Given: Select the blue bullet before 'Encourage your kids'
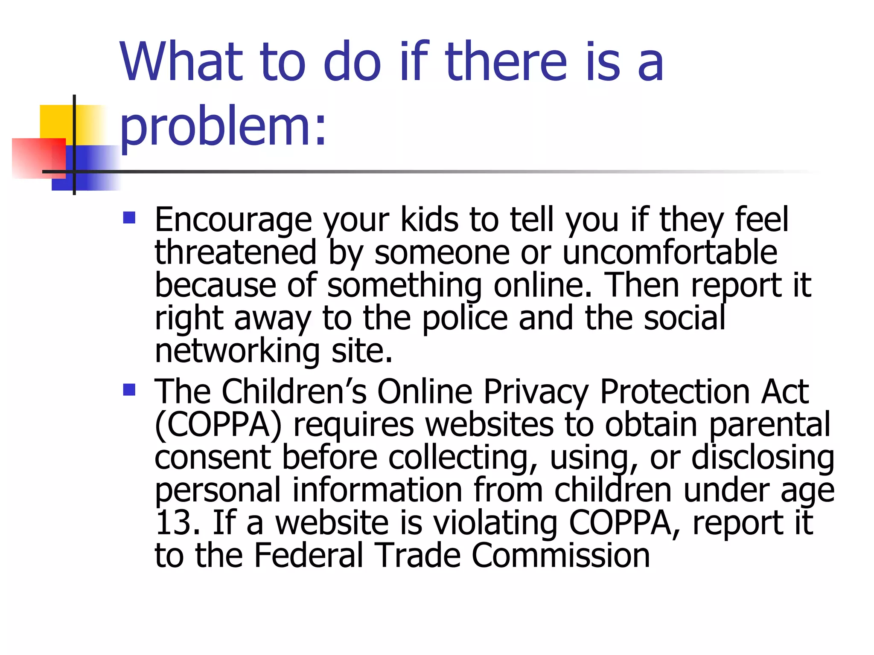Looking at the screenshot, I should [x=129, y=218].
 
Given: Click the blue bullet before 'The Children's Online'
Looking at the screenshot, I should [x=129, y=389].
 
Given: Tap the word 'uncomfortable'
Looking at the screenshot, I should [x=670, y=252].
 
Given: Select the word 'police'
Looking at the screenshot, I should [x=465, y=318].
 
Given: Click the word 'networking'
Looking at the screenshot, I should [x=237, y=351].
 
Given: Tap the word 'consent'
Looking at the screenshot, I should [x=213, y=458].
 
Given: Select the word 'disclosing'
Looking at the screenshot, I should [x=763, y=458].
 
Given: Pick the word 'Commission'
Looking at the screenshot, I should [x=560, y=556].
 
